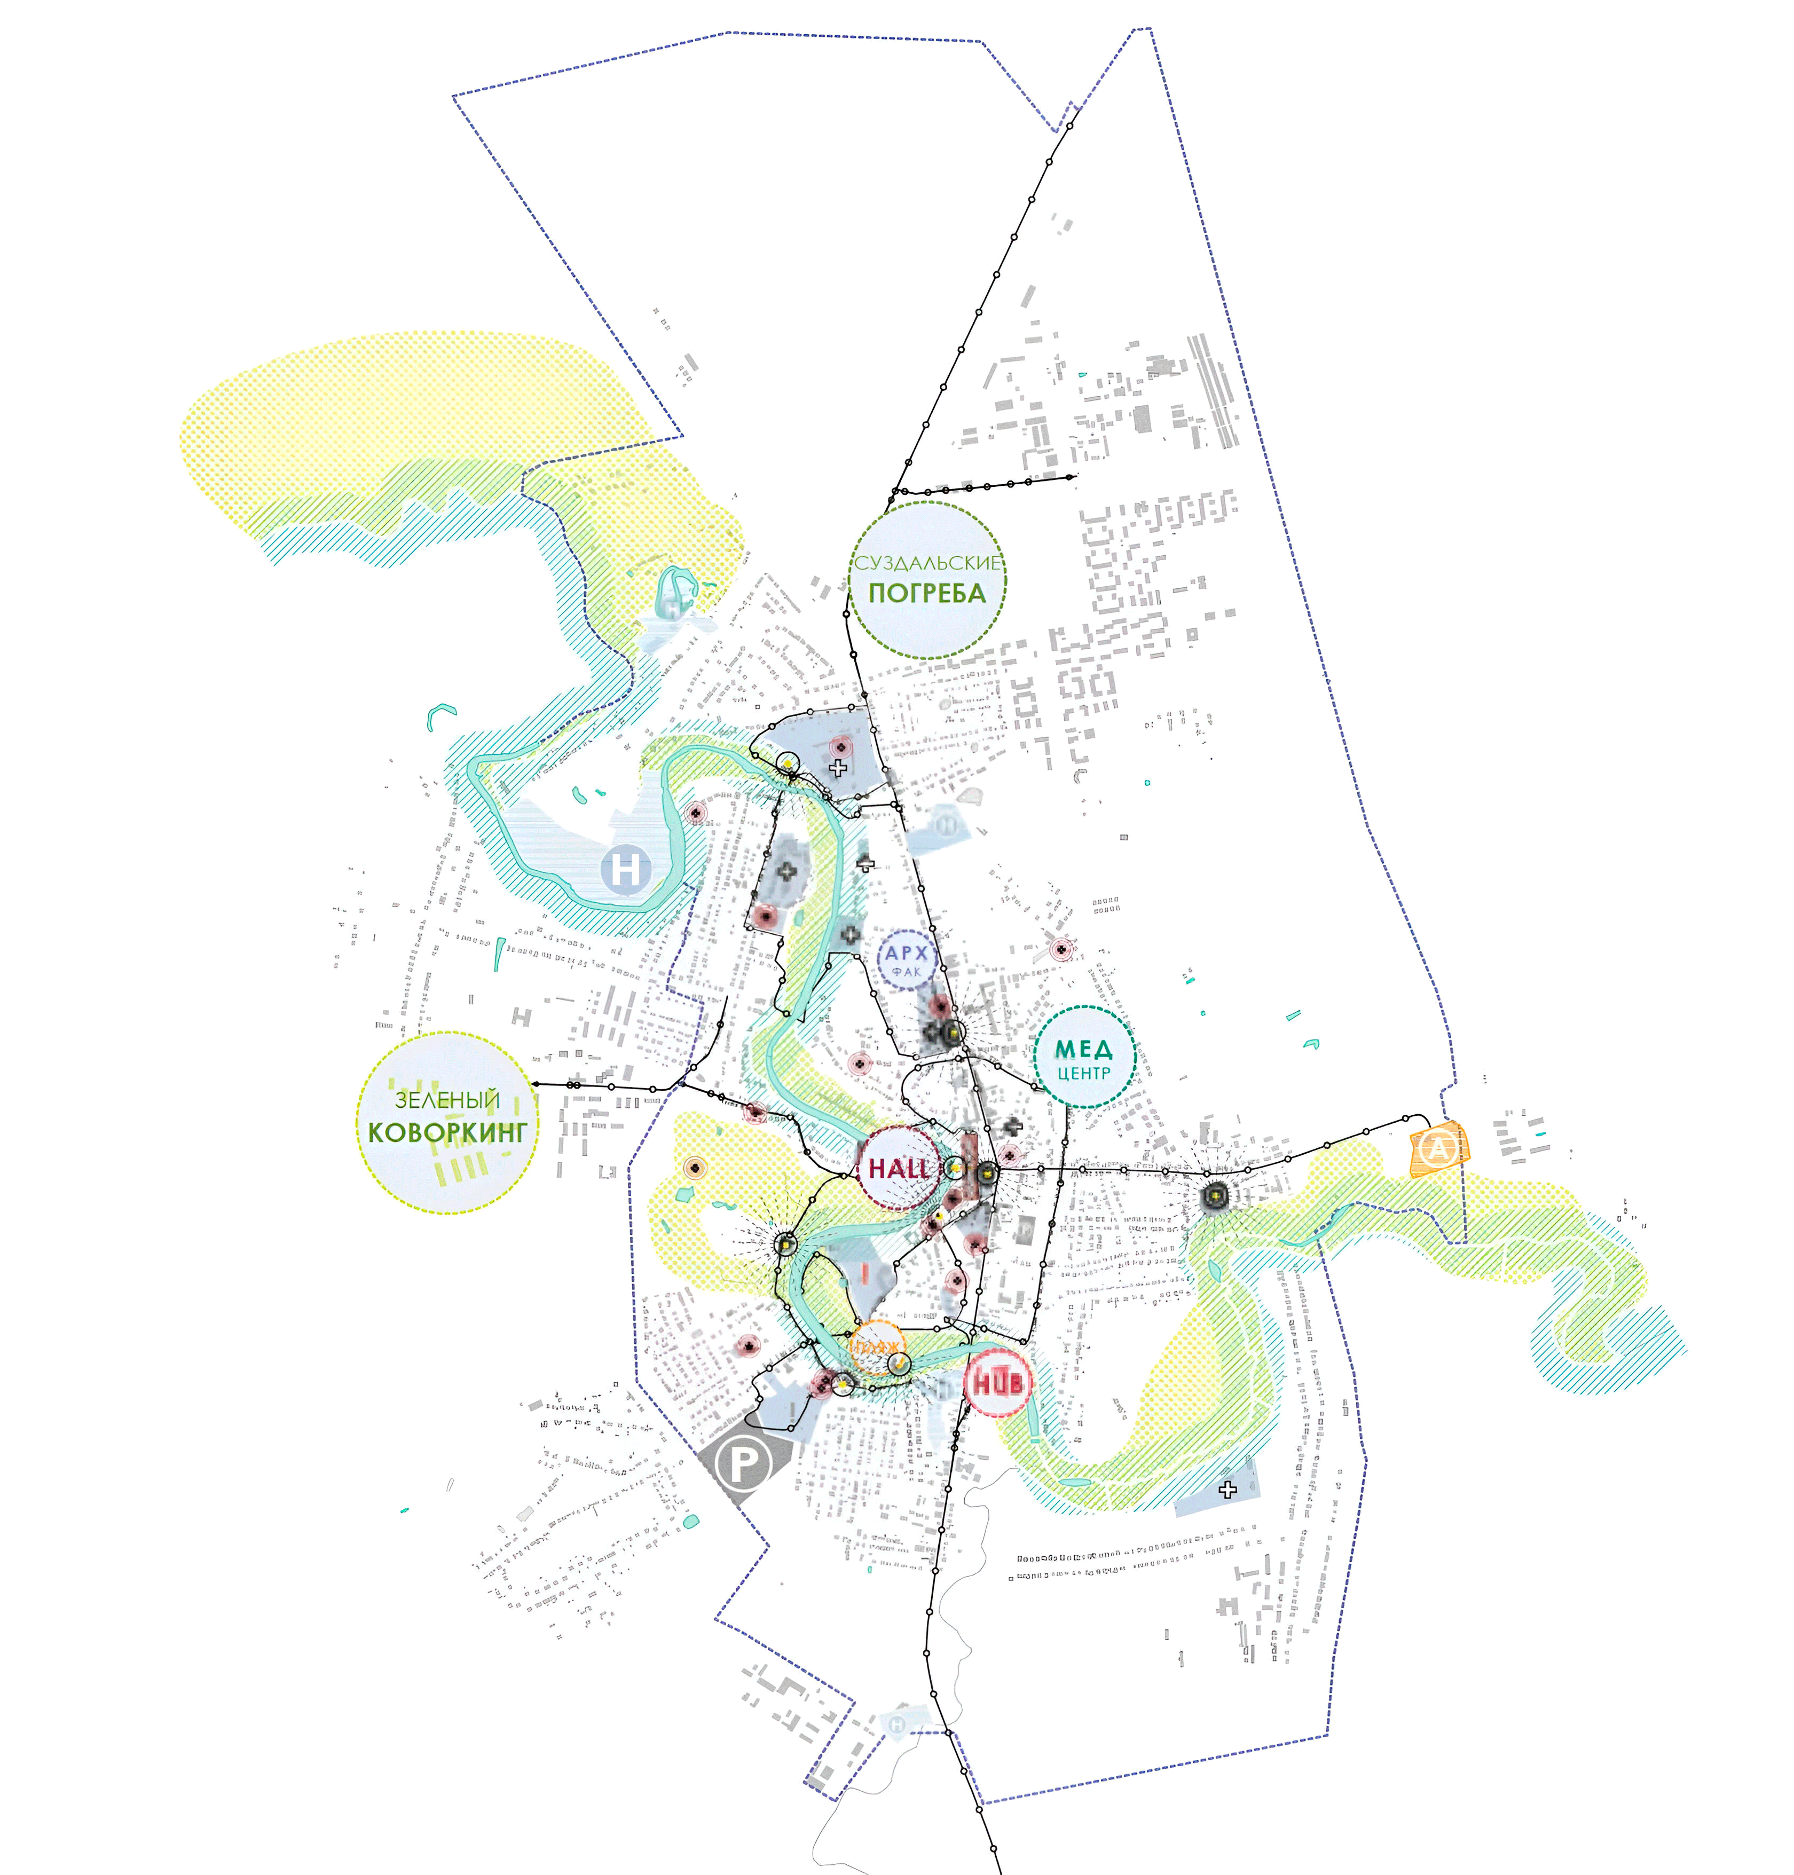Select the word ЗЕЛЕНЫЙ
[x=447, y=1100]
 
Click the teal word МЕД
[x=1083, y=1049]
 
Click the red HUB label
[x=997, y=1383]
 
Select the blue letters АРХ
[x=906, y=954]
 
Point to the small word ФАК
[x=906, y=972]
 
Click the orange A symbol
[x=1437, y=1148]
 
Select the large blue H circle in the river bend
[x=625, y=870]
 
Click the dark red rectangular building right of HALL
[x=969, y=1160]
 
